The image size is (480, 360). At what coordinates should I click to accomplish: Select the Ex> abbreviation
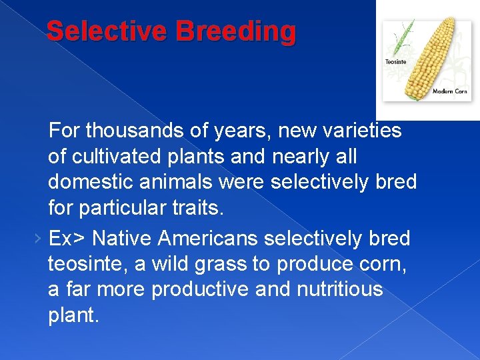[x=69, y=238]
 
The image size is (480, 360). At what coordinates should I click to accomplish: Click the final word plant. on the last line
[x=73, y=315]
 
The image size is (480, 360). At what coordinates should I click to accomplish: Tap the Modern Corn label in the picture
[x=450, y=91]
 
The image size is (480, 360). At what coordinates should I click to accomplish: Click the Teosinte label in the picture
[x=395, y=62]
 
